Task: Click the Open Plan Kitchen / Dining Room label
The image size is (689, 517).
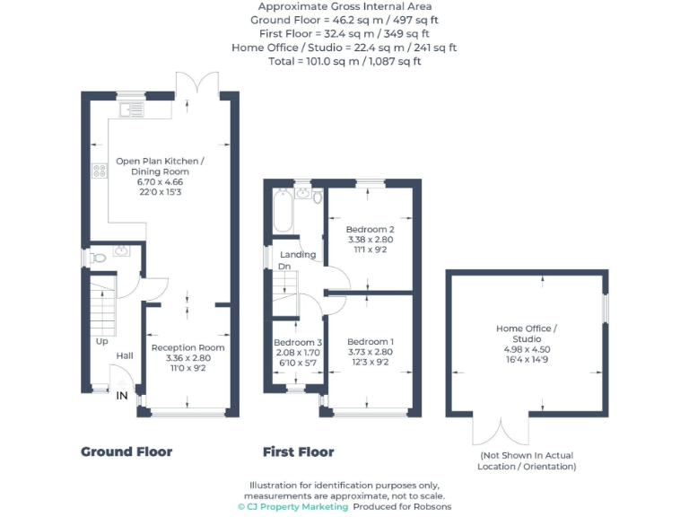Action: click(160, 166)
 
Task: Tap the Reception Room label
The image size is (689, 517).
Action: click(188, 347)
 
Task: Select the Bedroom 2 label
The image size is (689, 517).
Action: click(371, 229)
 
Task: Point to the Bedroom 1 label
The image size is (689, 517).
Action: click(371, 342)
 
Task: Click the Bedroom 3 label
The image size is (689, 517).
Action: click(298, 342)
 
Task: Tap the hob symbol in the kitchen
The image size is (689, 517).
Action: click(99, 171)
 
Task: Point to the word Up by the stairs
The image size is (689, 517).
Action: click(101, 341)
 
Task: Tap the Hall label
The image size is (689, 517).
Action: click(125, 356)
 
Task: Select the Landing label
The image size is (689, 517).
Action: click(298, 255)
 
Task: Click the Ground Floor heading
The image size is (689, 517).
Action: click(126, 451)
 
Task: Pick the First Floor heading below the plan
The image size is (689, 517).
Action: click(298, 451)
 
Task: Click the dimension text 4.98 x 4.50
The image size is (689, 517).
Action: click(526, 349)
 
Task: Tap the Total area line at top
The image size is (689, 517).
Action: click(344, 61)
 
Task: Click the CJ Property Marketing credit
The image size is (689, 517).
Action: click(292, 507)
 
